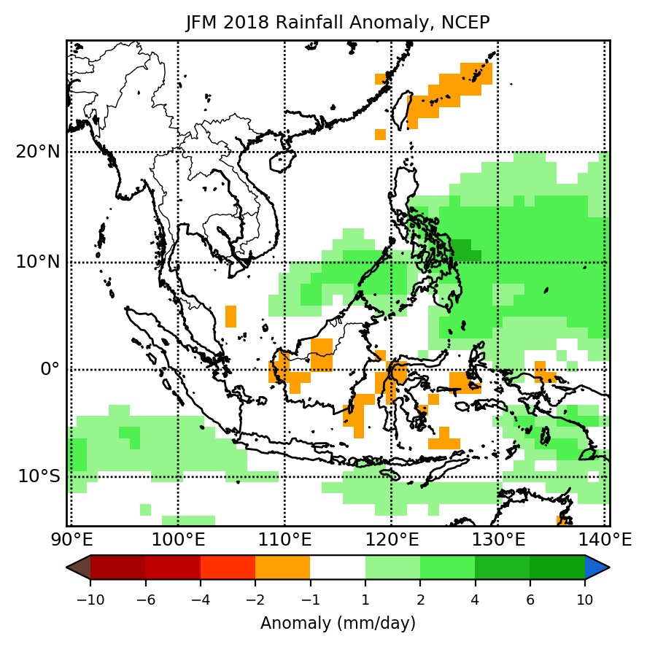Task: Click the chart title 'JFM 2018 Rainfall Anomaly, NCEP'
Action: click(x=338, y=23)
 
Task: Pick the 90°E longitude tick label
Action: click(x=71, y=541)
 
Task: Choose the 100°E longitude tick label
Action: click(x=178, y=541)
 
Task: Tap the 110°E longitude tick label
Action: click(x=284, y=541)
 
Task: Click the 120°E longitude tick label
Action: click(x=392, y=541)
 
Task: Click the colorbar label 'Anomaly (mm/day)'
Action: click(x=338, y=624)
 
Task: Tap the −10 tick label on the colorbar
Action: click(x=90, y=600)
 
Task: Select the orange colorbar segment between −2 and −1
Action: click(x=282, y=567)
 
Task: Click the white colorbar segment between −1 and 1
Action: click(x=338, y=567)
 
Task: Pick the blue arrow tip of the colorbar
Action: click(x=597, y=567)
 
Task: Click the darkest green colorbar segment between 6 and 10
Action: click(x=557, y=567)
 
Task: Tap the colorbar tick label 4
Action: click(x=475, y=600)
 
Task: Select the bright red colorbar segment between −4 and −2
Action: click(x=228, y=567)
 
